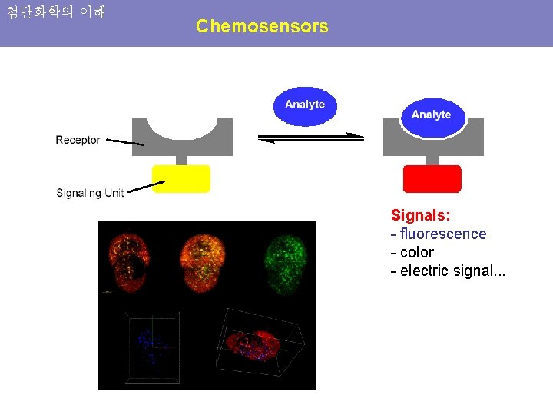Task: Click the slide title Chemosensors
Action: pyautogui.click(x=262, y=26)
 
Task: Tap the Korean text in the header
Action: pyautogui.click(x=56, y=12)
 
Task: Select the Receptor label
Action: pyautogui.click(x=78, y=140)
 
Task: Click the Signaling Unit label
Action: pyautogui.click(x=90, y=193)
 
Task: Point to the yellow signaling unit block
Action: pyautogui.click(x=180, y=178)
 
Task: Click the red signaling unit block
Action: pyautogui.click(x=432, y=178)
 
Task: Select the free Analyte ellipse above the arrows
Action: pyautogui.click(x=305, y=105)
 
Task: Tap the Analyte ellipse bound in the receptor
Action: pyautogui.click(x=431, y=115)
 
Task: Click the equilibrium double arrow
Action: pyautogui.click(x=310, y=138)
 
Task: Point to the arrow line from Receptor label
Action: pyautogui.click(x=124, y=142)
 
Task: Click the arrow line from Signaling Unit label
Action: pyautogui.click(x=146, y=186)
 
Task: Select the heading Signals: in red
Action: pyautogui.click(x=420, y=215)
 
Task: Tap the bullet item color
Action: pyautogui.click(x=416, y=252)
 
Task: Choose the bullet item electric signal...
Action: pyautogui.click(x=452, y=271)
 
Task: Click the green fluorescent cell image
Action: pyautogui.click(x=285, y=263)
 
